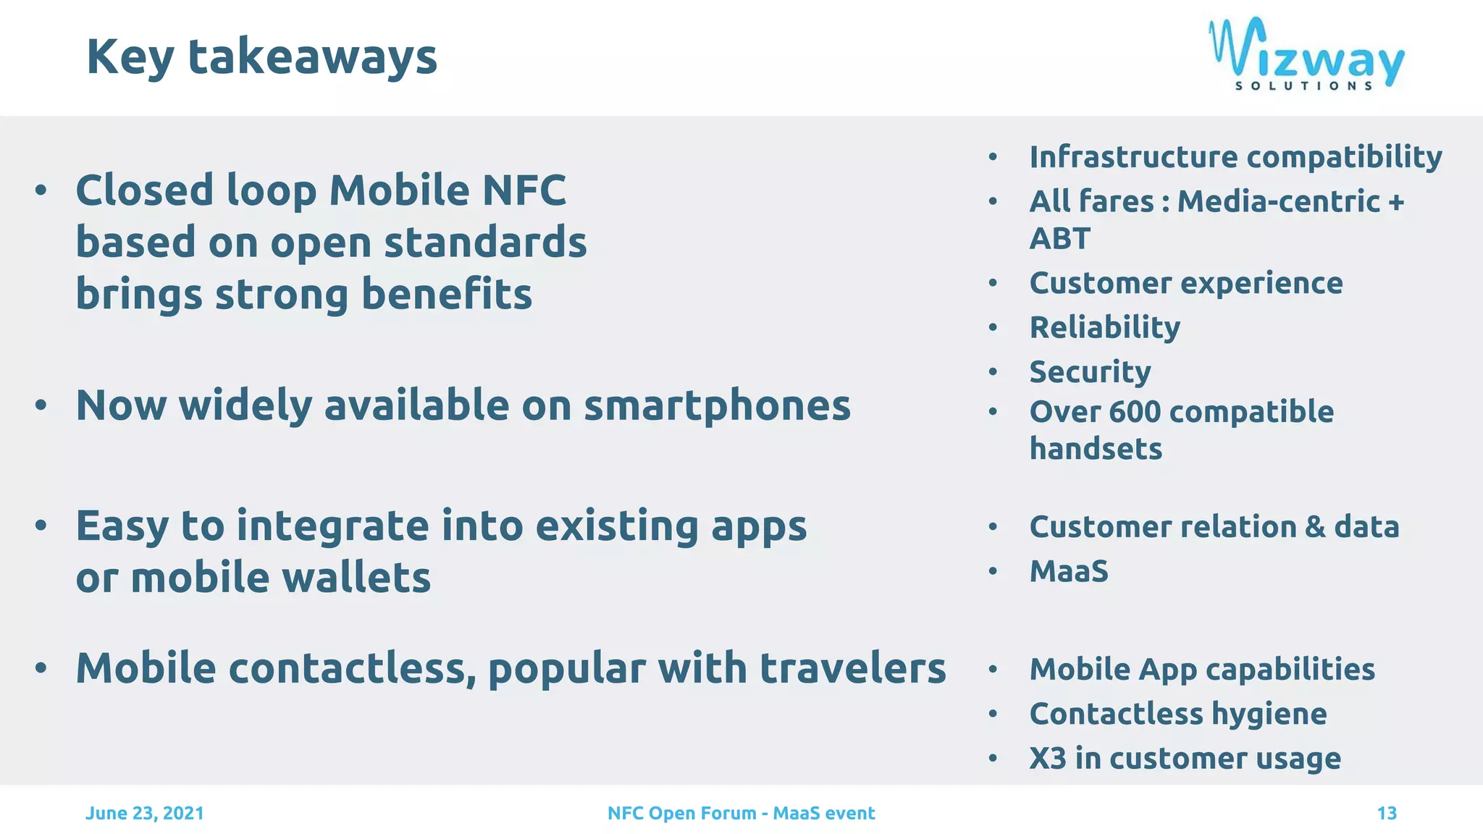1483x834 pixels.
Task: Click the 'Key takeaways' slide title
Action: [x=261, y=57]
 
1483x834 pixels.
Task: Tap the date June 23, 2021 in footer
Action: [x=145, y=813]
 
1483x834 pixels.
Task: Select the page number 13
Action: [x=1386, y=813]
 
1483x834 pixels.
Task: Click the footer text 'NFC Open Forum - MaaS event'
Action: [x=741, y=813]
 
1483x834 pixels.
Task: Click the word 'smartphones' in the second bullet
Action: [x=717, y=405]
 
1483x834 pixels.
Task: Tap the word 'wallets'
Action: [x=356, y=578]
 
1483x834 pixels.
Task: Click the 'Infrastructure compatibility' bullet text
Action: [x=1235, y=157]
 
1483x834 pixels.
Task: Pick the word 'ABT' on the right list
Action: [x=1059, y=239]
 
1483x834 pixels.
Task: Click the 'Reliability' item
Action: [x=1104, y=327]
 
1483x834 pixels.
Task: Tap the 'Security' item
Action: [x=1090, y=372]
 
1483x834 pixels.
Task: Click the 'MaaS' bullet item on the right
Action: [x=1069, y=571]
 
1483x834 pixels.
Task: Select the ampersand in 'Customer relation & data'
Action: [x=1315, y=527]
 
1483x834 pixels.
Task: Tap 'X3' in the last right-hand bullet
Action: [x=1047, y=758]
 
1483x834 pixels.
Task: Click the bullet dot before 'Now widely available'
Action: [x=41, y=405]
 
